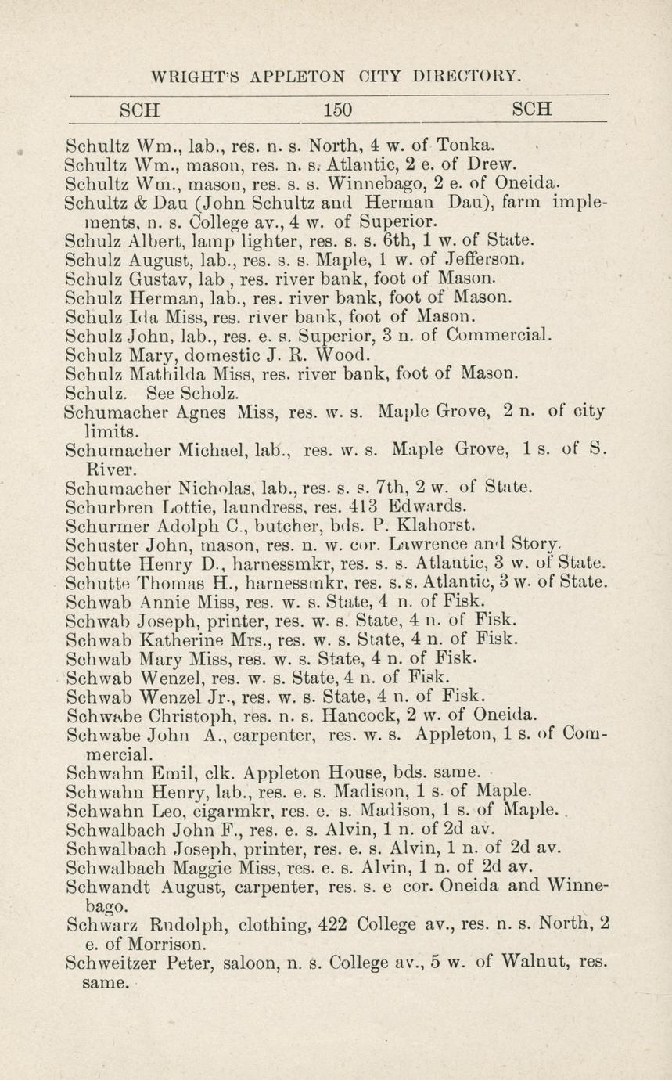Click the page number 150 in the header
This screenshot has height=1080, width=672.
coord(338,109)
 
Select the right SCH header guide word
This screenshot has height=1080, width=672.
coord(532,109)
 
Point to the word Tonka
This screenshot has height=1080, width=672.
coord(465,146)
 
